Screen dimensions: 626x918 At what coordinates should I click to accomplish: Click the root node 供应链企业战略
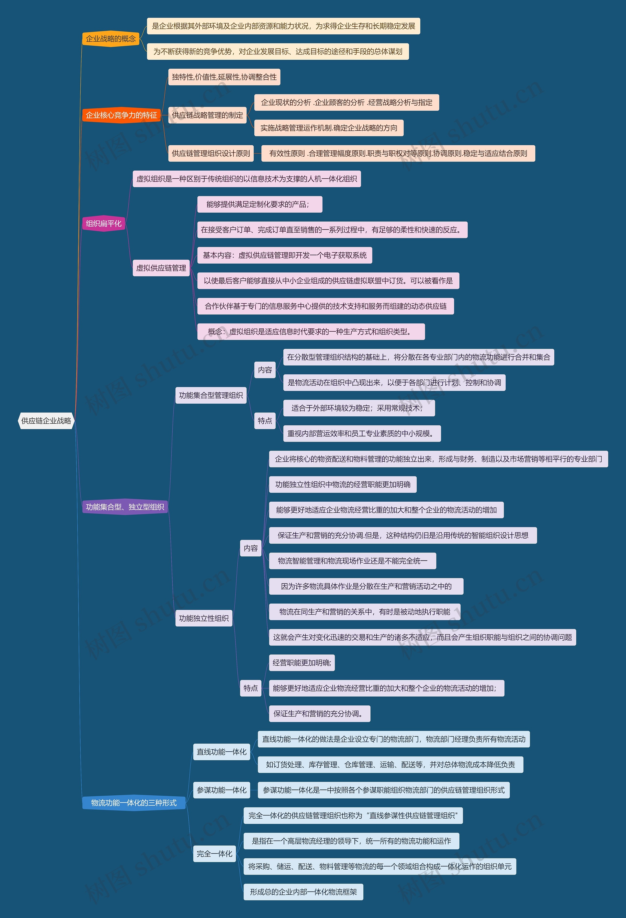(x=46, y=421)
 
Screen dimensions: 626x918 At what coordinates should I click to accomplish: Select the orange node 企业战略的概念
(x=111, y=39)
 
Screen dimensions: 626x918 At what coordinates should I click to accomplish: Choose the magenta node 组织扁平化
(x=103, y=224)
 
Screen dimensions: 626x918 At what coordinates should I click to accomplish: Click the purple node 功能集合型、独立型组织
(x=125, y=507)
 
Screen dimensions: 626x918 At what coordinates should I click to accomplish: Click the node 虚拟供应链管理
(x=161, y=268)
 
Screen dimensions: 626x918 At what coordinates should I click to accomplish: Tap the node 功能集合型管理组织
(x=211, y=395)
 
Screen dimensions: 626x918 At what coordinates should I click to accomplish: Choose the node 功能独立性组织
(x=203, y=618)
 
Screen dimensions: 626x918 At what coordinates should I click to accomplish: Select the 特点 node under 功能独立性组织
(x=251, y=688)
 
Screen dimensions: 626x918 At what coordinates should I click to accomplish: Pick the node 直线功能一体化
(x=221, y=752)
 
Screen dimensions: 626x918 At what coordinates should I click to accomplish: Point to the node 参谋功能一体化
(x=221, y=790)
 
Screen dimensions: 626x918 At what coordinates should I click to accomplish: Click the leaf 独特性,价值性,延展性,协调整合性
(x=224, y=77)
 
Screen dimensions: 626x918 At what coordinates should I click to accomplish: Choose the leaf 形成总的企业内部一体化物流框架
(x=303, y=892)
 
